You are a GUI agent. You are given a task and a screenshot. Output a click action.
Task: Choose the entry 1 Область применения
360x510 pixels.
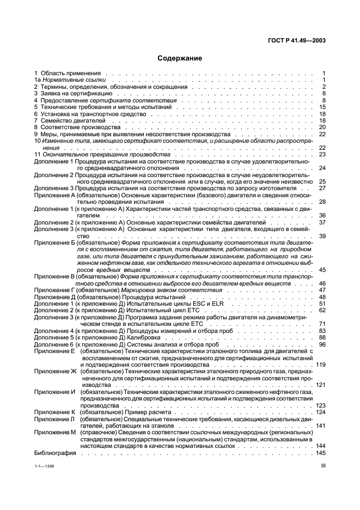pyautogui.click(x=60, y=73)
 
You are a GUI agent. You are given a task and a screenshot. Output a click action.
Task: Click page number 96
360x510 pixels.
pyautogui.click(x=322, y=344)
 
